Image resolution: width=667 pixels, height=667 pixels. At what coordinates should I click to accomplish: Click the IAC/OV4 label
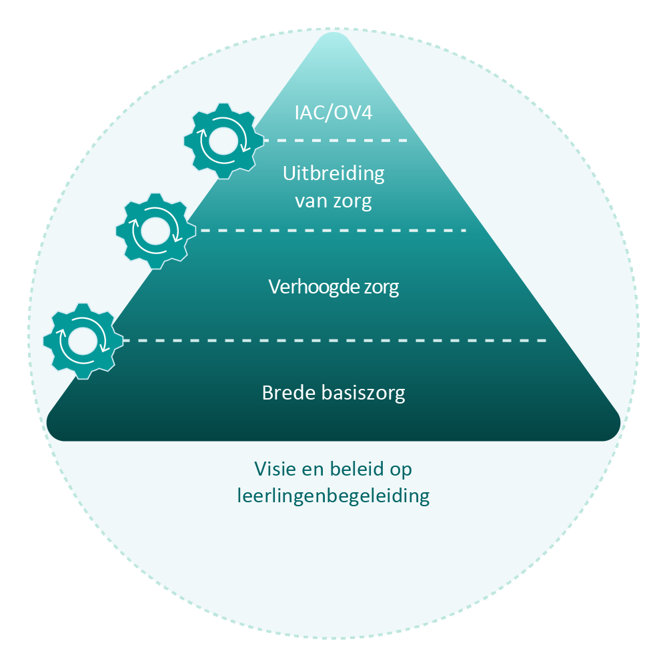(333, 112)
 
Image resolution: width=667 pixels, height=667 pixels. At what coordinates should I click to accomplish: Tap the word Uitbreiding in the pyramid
(333, 174)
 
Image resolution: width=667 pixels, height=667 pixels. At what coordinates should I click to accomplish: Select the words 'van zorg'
(333, 200)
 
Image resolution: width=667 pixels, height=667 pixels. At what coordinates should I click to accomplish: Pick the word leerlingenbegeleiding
(333, 496)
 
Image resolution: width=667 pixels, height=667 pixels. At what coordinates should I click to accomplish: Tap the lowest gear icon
(83, 341)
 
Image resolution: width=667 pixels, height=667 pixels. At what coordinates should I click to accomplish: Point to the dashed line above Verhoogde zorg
(333, 231)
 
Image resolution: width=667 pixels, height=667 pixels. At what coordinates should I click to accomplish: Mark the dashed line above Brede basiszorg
(333, 341)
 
